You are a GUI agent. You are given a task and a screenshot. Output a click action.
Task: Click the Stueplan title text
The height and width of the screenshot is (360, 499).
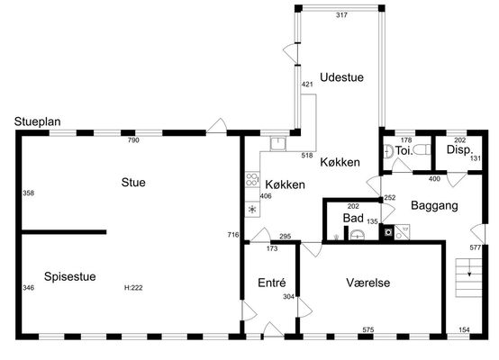click(x=37, y=121)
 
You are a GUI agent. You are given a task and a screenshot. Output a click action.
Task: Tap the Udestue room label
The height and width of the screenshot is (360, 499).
click(x=341, y=77)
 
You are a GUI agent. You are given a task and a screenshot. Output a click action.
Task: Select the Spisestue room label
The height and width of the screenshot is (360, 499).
click(x=70, y=276)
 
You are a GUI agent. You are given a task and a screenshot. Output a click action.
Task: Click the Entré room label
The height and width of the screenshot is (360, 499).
click(x=272, y=283)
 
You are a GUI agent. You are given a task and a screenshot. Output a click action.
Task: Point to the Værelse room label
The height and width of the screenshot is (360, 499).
click(x=368, y=283)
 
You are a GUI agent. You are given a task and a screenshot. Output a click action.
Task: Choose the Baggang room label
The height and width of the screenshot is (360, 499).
click(x=434, y=205)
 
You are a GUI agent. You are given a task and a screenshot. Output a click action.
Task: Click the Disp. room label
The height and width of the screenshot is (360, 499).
click(x=460, y=149)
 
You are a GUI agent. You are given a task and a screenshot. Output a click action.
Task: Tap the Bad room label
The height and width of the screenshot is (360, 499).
click(x=353, y=218)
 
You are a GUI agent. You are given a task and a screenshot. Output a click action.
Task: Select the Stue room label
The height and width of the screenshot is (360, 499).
click(x=133, y=182)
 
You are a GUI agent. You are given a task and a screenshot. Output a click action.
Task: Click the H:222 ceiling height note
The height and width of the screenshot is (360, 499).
click(x=133, y=288)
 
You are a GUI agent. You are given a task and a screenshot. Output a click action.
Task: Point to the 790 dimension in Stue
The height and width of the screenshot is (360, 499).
click(x=133, y=140)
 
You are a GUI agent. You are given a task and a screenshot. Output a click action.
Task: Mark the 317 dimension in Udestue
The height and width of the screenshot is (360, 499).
click(x=341, y=15)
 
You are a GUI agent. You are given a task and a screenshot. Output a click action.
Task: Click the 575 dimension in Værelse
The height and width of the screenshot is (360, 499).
click(x=368, y=329)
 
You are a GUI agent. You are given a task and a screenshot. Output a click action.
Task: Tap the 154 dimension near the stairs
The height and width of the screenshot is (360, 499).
click(x=464, y=329)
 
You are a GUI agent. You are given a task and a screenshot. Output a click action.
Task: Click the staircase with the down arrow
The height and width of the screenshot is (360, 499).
click(x=468, y=277)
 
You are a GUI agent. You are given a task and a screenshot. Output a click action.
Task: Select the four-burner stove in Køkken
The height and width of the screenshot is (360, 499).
click(x=252, y=180)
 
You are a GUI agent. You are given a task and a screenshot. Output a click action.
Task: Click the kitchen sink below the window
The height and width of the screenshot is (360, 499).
click(x=278, y=143)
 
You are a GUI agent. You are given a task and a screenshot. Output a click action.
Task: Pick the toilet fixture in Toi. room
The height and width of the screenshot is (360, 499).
click(x=422, y=149)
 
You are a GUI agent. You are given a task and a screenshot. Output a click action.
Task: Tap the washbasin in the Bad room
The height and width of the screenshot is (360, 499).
click(x=358, y=235)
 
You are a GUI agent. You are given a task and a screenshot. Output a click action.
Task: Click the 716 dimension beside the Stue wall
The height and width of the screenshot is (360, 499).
click(x=233, y=235)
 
